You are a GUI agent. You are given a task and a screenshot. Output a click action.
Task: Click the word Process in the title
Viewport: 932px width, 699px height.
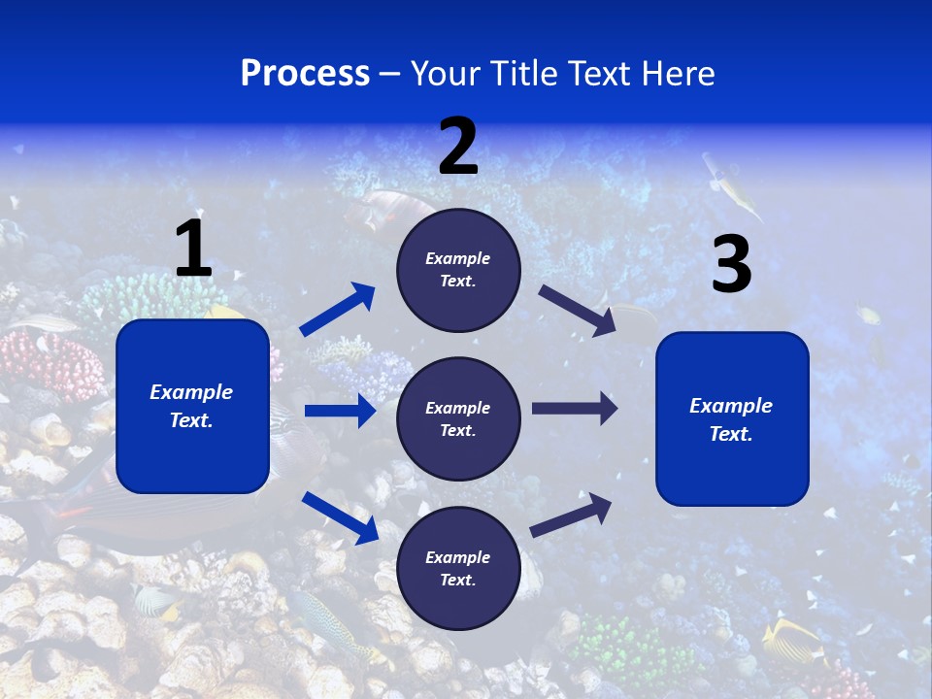tap(305, 74)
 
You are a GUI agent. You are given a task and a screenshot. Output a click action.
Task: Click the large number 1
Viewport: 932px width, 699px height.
tap(193, 250)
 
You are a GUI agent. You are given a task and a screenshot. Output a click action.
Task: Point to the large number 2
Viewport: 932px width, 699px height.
tap(458, 147)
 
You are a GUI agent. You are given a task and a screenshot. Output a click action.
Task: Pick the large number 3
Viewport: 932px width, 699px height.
tap(731, 265)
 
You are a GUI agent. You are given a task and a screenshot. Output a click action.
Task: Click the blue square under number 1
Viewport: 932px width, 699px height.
tap(192, 406)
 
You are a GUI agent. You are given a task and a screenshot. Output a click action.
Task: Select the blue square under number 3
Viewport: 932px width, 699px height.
tap(732, 418)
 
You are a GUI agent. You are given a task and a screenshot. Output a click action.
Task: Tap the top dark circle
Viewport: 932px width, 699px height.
tap(458, 270)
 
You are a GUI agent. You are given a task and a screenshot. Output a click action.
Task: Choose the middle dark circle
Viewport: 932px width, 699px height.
tap(458, 418)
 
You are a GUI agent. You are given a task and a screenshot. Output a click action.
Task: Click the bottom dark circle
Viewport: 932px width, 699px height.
tap(458, 568)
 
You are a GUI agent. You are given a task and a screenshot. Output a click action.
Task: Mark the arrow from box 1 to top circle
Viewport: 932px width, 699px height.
tap(338, 310)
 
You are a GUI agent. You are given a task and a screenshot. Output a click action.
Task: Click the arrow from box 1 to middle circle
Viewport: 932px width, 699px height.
tap(340, 411)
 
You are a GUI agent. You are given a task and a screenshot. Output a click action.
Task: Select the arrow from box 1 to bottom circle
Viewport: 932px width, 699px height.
tap(340, 517)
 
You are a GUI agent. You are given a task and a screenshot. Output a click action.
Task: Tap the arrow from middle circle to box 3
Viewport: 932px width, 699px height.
tap(574, 409)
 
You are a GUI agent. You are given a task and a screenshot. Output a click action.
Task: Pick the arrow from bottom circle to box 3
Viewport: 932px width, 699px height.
tap(571, 516)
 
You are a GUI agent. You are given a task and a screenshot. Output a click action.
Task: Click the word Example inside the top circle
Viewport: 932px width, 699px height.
tap(458, 258)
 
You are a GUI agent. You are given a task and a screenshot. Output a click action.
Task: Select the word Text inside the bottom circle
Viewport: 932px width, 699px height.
tap(456, 580)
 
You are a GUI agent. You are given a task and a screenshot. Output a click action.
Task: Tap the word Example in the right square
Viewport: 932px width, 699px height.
tap(731, 406)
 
